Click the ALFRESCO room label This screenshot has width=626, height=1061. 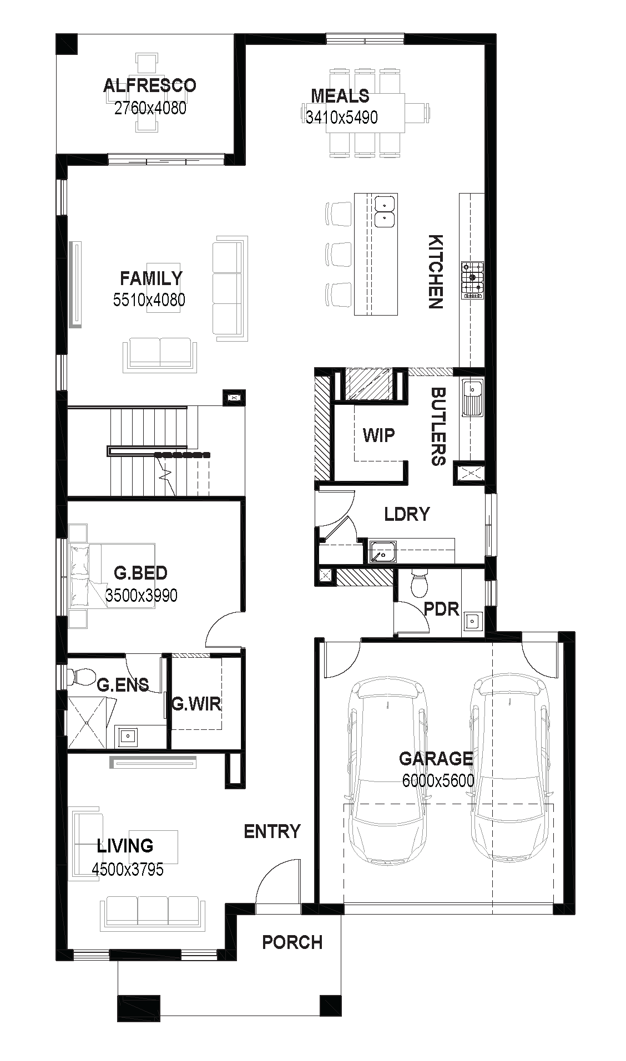(150, 85)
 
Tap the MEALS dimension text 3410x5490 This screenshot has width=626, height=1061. (342, 117)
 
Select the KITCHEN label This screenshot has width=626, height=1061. (436, 271)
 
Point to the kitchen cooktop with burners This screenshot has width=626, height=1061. (472, 280)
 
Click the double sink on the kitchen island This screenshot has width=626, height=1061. (385, 211)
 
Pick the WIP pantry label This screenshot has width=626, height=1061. (379, 435)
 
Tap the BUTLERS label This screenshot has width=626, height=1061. (438, 426)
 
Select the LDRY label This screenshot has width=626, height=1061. (407, 514)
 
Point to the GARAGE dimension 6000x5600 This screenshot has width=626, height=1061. (438, 781)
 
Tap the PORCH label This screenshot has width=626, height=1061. (292, 942)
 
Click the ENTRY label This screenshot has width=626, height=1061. (272, 831)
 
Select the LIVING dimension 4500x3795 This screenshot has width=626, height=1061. (128, 869)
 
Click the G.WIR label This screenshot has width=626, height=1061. (196, 704)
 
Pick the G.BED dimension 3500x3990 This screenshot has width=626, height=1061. (142, 596)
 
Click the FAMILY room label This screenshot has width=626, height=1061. (151, 278)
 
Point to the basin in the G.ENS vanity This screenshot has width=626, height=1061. (128, 736)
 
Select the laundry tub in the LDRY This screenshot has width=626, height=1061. (382, 552)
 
